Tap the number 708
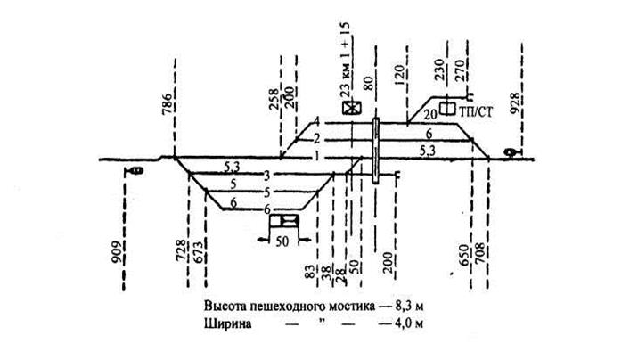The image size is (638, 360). [487, 258]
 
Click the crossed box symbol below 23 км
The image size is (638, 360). [351, 108]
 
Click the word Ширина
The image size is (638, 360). [225, 322]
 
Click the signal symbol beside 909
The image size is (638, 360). [135, 168]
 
